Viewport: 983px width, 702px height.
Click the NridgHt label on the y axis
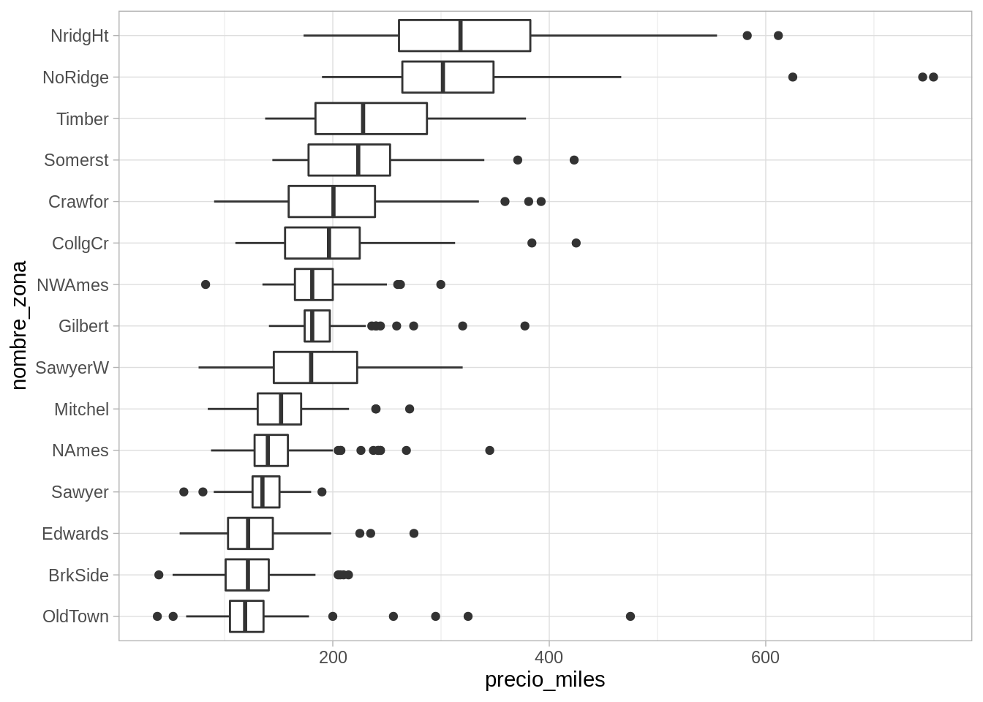[79, 36]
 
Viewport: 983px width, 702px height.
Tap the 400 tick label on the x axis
[549, 657]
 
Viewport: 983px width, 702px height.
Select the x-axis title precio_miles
[545, 680]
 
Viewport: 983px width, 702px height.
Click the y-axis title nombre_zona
[19, 325]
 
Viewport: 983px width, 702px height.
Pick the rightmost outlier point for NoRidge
[933, 78]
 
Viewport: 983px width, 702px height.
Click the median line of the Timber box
[363, 118]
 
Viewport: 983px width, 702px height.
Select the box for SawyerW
[315, 368]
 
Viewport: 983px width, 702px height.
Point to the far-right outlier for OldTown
[630, 616]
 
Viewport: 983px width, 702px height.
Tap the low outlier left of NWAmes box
[206, 284]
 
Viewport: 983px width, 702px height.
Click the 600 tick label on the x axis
[765, 657]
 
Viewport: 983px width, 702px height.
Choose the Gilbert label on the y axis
[83, 326]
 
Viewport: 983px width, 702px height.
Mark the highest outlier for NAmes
[490, 450]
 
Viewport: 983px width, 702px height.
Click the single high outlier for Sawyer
[322, 492]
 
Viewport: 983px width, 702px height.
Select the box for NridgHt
[464, 36]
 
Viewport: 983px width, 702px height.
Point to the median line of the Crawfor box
[334, 202]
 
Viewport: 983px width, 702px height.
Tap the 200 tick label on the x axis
[333, 657]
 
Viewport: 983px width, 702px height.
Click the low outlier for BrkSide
[159, 575]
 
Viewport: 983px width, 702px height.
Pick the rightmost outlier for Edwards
[414, 534]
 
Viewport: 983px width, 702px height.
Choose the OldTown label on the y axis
[75, 616]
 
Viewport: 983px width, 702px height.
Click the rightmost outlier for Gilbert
[525, 326]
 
